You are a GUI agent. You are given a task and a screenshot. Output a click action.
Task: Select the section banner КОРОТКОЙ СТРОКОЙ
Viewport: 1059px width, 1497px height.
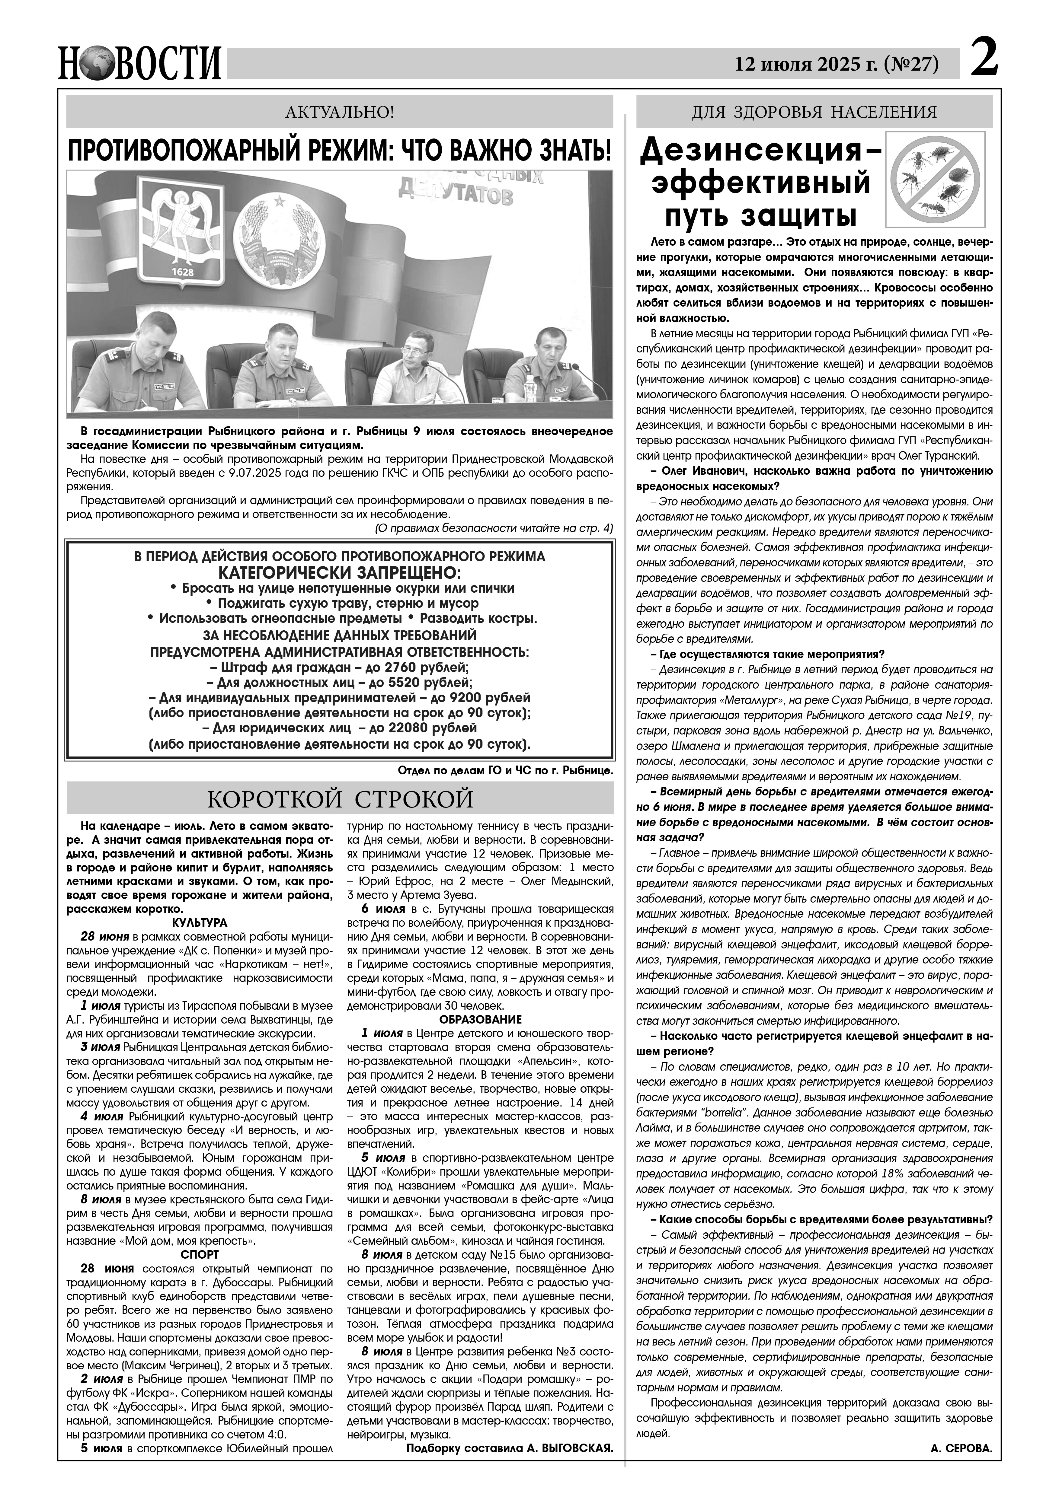(x=340, y=798)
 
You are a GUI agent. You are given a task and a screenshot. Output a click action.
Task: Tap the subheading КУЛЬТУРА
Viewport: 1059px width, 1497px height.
(x=200, y=922)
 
